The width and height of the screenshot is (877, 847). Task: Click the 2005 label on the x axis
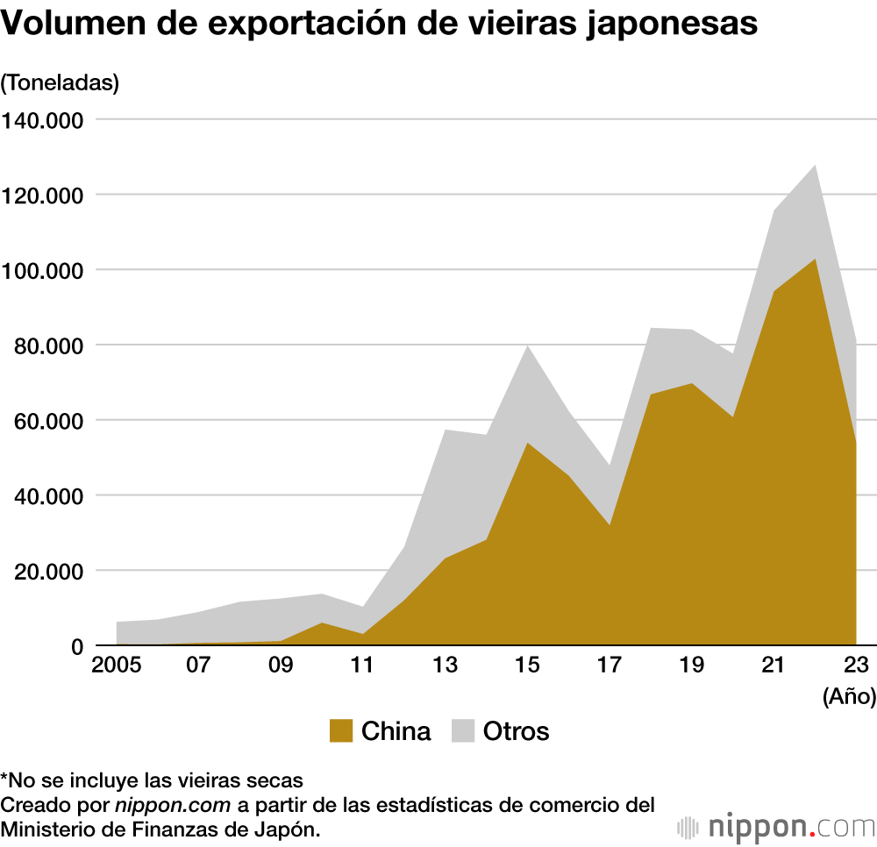(116, 664)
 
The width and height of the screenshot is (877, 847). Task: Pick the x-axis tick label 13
(446, 664)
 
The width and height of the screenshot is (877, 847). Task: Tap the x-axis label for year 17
(610, 664)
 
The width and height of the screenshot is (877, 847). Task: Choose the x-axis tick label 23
(856, 664)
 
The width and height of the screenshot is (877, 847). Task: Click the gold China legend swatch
(341, 731)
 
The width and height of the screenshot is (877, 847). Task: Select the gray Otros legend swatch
(462, 731)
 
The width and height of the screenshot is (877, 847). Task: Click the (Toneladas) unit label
(60, 83)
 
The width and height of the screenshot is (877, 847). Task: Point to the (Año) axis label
(849, 697)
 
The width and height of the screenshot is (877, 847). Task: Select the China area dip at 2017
(610, 524)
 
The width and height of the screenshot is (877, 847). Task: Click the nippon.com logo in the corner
(776, 826)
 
